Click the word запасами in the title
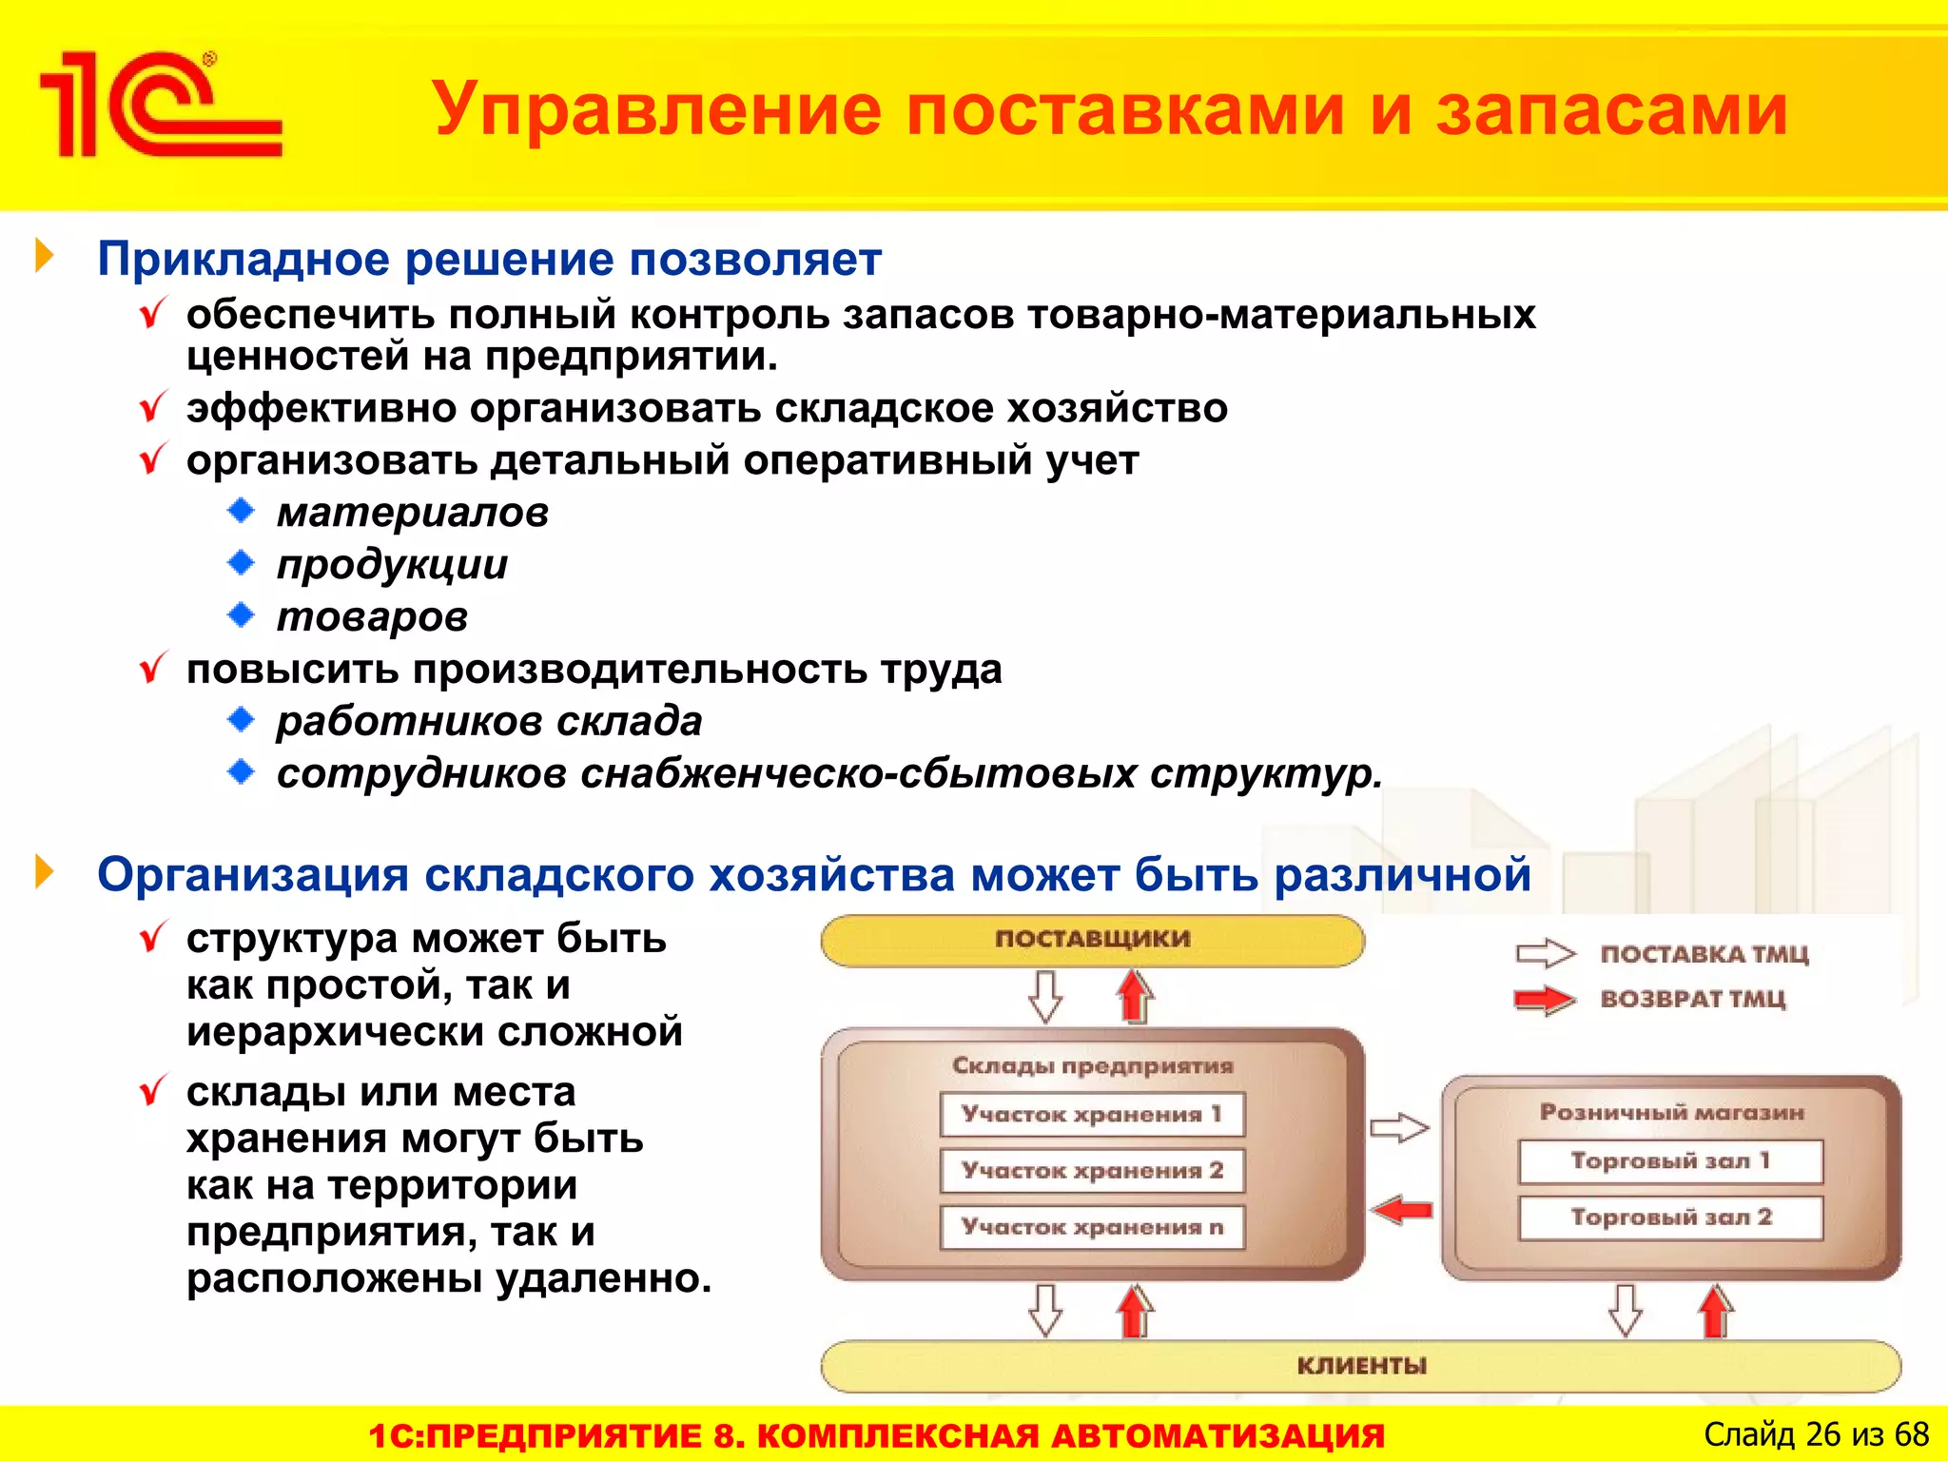click(1611, 110)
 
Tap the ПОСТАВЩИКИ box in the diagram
click(1092, 940)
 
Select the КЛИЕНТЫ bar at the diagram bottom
click(1360, 1366)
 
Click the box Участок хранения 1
click(1092, 1114)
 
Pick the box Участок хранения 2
click(1092, 1170)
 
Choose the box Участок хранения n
click(1092, 1227)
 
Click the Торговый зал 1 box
click(1670, 1161)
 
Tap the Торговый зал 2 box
click(1670, 1217)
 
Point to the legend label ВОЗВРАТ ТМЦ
click(1693, 999)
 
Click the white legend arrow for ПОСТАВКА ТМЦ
click(1545, 953)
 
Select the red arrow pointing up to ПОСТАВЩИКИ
click(1134, 996)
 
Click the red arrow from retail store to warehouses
click(1402, 1210)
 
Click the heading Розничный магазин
click(1671, 1112)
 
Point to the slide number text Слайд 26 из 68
click(1815, 1434)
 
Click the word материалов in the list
click(413, 513)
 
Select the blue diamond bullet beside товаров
click(242, 615)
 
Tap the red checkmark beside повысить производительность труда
click(153, 668)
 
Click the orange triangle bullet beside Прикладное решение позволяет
click(44, 256)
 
